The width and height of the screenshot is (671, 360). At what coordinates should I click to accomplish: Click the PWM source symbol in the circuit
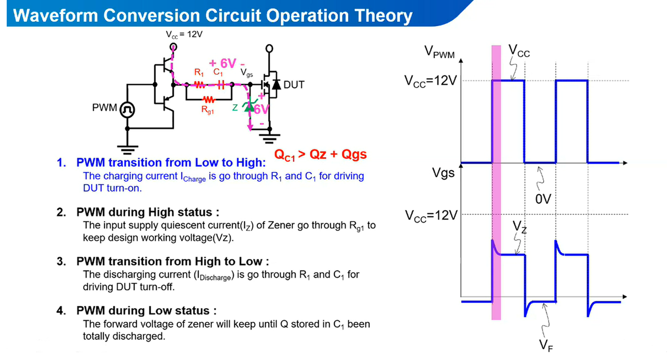click(x=127, y=109)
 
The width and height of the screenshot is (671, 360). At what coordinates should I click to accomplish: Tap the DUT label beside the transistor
click(x=294, y=85)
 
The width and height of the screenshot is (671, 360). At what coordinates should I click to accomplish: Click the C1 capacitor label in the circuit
click(x=218, y=73)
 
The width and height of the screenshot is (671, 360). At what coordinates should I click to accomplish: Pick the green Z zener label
click(x=235, y=107)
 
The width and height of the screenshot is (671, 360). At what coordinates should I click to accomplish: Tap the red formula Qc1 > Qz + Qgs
click(x=320, y=154)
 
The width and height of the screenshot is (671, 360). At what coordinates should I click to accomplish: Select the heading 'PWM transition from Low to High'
click(x=171, y=162)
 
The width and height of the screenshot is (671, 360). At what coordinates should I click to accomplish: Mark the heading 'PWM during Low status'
click(x=146, y=310)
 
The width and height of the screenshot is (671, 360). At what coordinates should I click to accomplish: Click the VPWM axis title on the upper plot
click(x=439, y=51)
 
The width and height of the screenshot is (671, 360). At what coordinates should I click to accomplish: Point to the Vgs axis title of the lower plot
click(x=443, y=173)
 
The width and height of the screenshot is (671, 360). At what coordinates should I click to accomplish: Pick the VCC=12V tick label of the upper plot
click(x=431, y=81)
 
